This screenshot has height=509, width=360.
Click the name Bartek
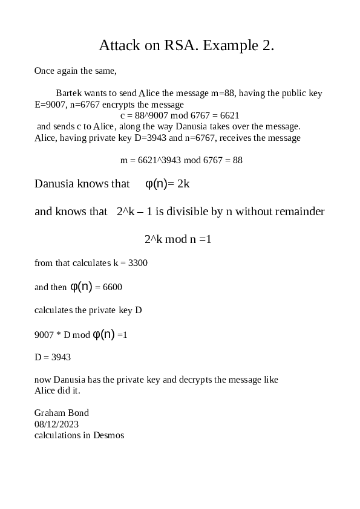(x=69, y=93)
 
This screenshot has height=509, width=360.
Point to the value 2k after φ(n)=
(x=183, y=183)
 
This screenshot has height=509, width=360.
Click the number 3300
(x=138, y=263)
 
